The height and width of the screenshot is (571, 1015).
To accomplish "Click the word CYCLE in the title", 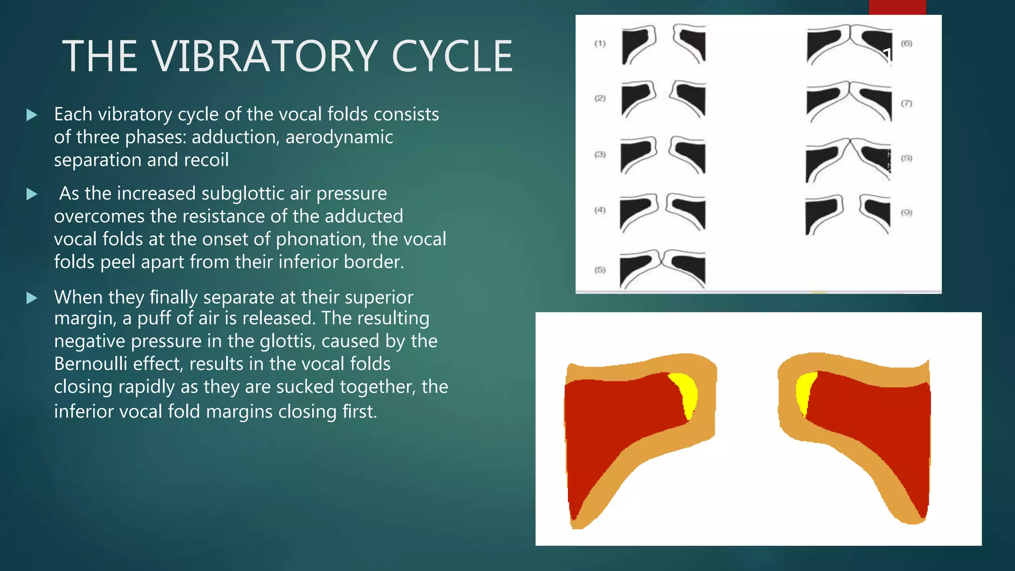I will click(452, 57).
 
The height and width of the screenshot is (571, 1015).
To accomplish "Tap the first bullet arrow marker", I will click(32, 115).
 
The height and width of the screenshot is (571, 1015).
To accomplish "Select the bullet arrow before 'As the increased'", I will click(32, 194).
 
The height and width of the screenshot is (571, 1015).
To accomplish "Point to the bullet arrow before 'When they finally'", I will click(32, 298).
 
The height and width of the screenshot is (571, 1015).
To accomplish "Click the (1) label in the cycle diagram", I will click(600, 44).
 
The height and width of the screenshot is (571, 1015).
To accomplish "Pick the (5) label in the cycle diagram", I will click(600, 270).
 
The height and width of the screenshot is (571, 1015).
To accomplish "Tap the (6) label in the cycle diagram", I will click(906, 43).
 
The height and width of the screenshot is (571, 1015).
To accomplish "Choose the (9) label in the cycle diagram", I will click(906, 213).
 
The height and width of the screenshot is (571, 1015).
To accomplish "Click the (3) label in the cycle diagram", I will click(600, 155).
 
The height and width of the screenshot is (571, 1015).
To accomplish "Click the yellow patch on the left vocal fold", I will click(686, 394).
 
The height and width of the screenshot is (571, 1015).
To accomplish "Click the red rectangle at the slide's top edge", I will click(897, 7).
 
